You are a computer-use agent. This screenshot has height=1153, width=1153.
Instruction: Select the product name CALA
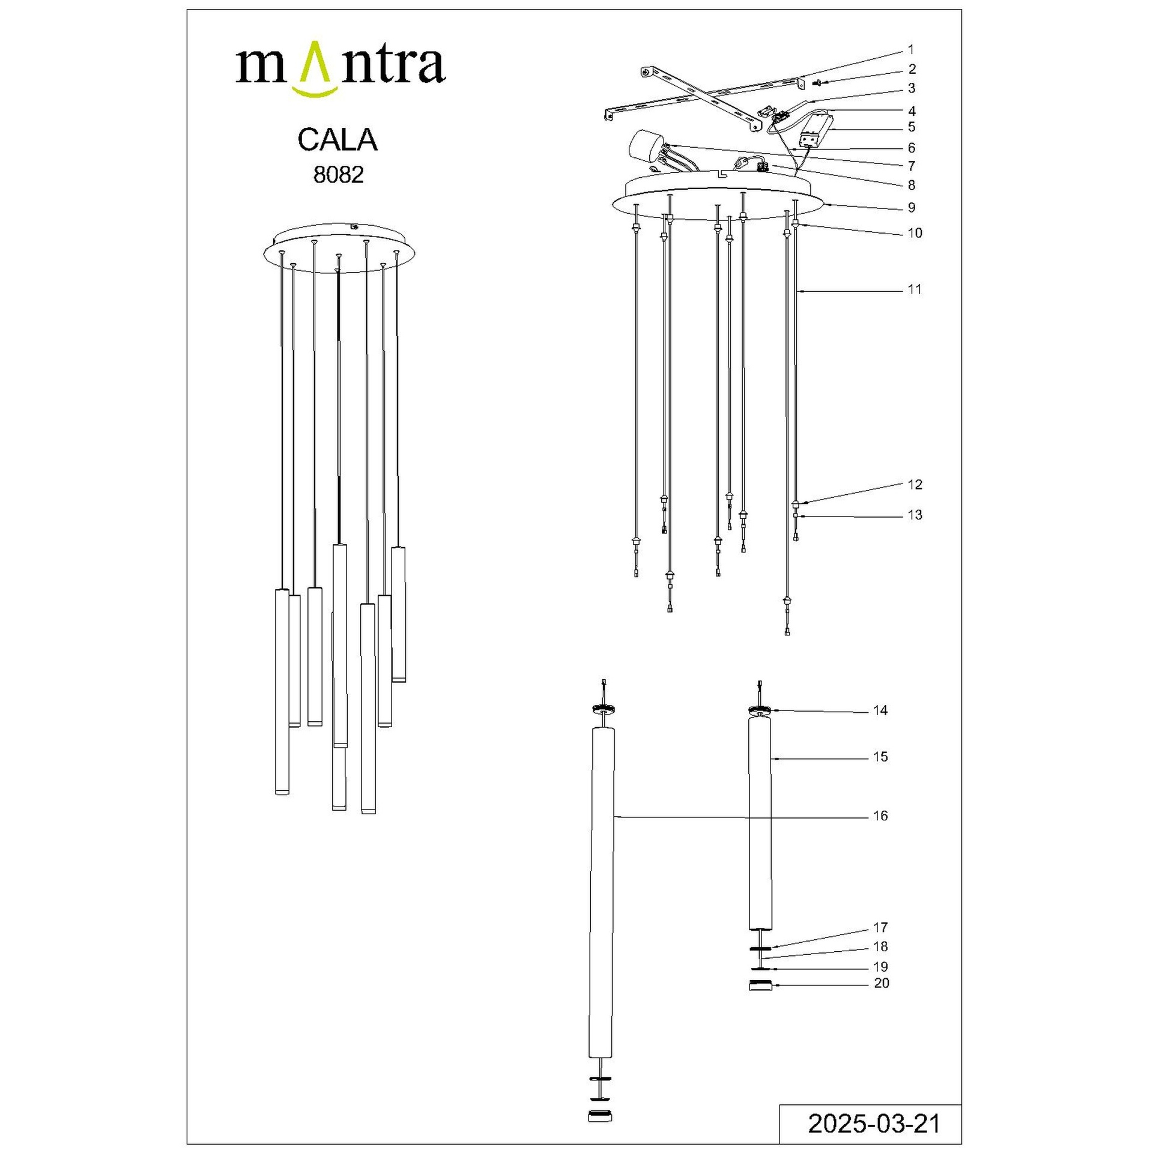[337, 140]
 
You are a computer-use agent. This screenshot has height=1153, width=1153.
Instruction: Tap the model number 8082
[339, 175]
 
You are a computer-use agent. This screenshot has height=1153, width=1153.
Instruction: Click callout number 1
[911, 50]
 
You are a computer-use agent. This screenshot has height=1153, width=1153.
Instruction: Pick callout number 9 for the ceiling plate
[912, 208]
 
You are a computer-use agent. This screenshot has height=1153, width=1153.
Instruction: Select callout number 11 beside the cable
[914, 289]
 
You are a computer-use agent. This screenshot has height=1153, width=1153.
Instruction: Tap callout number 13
[915, 515]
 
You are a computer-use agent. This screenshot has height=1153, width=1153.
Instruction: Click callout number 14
[880, 710]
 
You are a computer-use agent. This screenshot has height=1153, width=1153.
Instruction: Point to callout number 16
[880, 816]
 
